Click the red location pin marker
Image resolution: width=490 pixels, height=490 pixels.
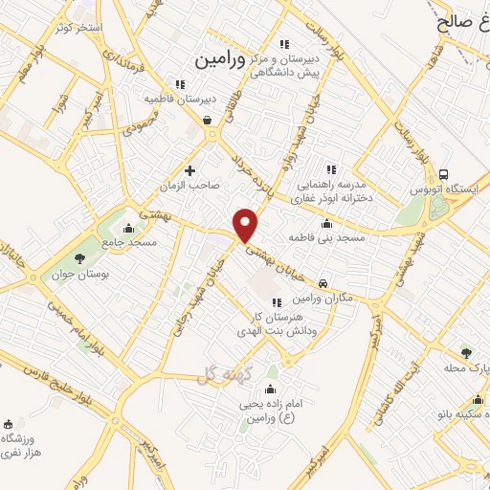[x=247, y=225]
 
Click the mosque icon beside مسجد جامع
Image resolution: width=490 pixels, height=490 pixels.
[x=129, y=228]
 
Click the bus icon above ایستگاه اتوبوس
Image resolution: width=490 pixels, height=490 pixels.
[x=444, y=174]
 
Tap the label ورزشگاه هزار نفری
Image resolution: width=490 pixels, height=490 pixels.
[x=16, y=444]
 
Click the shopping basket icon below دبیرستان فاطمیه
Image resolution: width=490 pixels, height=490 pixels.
[x=208, y=120]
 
